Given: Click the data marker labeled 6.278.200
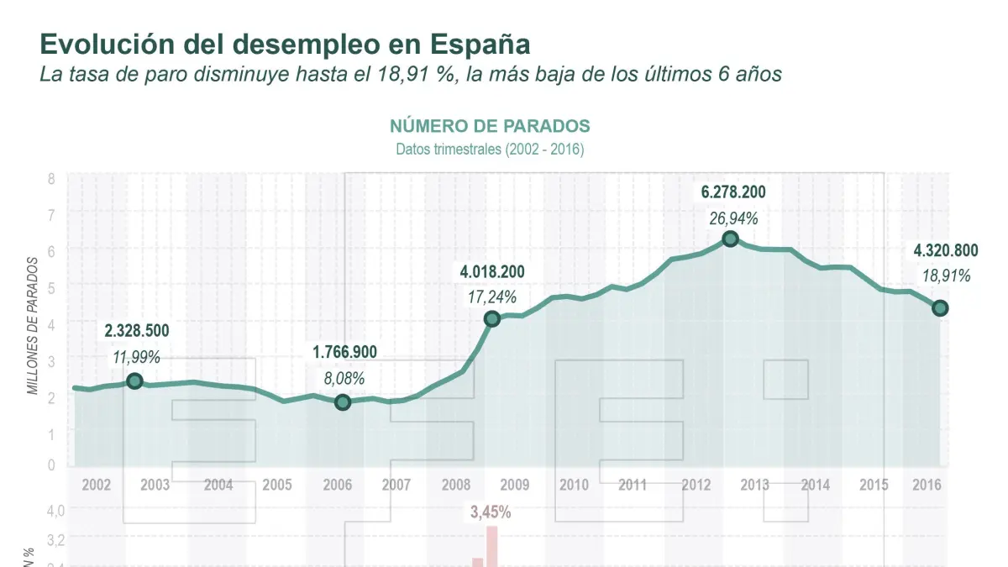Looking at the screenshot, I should click(x=730, y=239).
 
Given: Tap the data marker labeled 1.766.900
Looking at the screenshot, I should click(x=343, y=402).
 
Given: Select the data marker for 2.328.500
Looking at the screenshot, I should click(x=134, y=381).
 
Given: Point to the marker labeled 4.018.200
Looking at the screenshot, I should click(x=492, y=318).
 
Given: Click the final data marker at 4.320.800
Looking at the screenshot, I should click(x=941, y=308).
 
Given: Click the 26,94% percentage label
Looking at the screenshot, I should click(x=733, y=218).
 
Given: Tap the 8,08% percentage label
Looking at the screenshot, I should click(x=345, y=377).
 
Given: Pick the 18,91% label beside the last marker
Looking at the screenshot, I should click(x=946, y=276).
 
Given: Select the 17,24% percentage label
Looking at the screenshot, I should click(x=492, y=297).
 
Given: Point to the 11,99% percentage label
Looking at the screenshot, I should click(x=137, y=357).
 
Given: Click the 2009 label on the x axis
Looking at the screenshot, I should click(x=514, y=485).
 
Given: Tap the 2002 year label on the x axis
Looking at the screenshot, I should click(x=97, y=485).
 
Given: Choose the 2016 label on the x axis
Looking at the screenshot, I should click(x=925, y=485).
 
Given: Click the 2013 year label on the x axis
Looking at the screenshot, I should click(x=754, y=485).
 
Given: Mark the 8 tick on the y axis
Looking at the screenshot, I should click(x=51, y=178).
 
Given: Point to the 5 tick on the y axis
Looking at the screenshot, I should click(x=51, y=287).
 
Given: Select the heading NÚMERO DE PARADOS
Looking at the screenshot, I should click(x=490, y=127).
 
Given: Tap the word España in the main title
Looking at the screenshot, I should click(x=480, y=45).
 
